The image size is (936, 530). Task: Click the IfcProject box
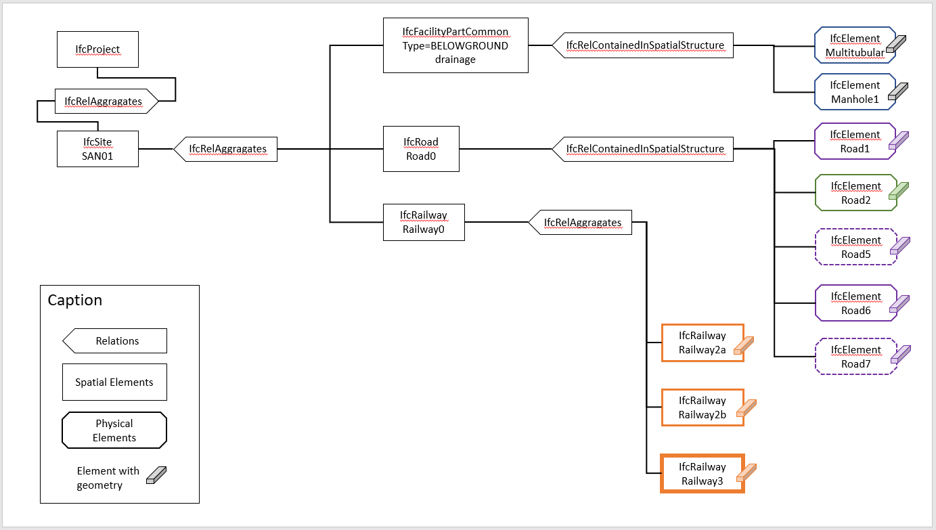[97, 49]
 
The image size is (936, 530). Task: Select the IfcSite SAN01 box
[97, 149]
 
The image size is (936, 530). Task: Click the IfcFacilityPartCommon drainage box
[455, 45]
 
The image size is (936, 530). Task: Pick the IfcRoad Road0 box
[420, 149]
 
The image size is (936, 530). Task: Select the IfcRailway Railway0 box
[423, 222]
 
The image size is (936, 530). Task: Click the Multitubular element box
[854, 45]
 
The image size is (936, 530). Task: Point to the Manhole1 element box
[854, 92]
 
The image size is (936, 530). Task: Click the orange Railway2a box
[702, 343]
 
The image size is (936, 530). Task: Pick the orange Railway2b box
[702, 407]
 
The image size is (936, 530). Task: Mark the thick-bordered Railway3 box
[702, 474]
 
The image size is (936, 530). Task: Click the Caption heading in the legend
[74, 301]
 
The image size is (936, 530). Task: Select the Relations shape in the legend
[115, 341]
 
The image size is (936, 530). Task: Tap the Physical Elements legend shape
[114, 430]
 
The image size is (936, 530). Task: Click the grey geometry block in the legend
[156, 475]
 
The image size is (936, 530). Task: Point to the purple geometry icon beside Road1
[898, 140]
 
